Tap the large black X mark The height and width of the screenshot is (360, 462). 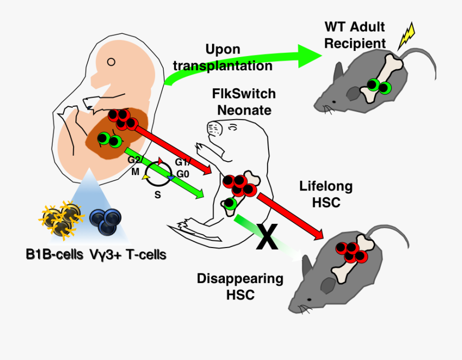point(267,237)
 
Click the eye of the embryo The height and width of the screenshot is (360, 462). point(111,63)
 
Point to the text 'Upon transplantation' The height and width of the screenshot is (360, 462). point(222,58)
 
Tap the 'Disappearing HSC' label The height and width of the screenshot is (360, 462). point(240,287)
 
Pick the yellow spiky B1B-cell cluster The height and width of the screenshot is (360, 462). point(61,220)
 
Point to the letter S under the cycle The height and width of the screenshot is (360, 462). point(158,195)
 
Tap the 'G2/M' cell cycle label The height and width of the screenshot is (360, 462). point(135,165)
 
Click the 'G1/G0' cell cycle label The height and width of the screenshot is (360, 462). point(183,167)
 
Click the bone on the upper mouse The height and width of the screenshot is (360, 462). point(381,77)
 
